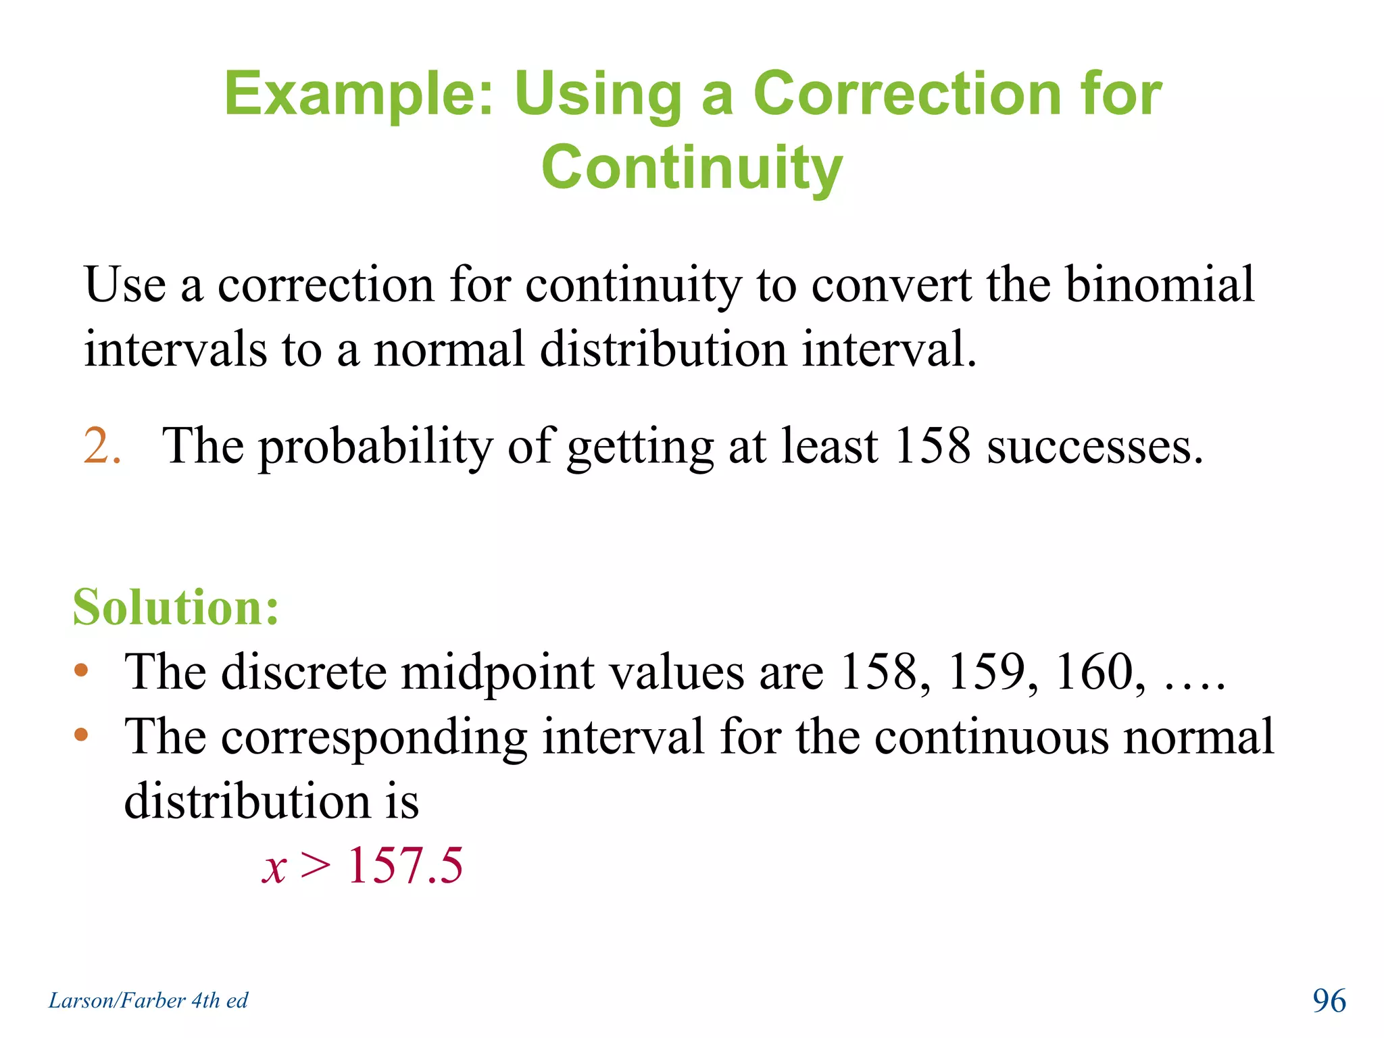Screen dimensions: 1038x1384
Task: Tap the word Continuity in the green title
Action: click(692, 168)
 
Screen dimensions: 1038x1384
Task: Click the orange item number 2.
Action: click(102, 446)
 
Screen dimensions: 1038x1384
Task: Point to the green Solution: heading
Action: click(176, 607)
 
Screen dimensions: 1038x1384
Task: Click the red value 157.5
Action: click(405, 865)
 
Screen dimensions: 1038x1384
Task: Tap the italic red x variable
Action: click(274, 868)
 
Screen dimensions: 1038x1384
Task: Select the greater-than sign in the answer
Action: click(316, 865)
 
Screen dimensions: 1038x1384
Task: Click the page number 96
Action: click(1329, 1000)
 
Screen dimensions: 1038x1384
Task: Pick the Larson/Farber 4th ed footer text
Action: click(148, 1000)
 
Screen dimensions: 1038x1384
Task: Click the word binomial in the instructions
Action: click(1160, 285)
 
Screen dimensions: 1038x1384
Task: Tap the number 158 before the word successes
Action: click(931, 446)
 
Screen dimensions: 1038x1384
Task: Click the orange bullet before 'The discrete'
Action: click(82, 670)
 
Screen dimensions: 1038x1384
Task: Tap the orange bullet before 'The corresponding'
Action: click(82, 735)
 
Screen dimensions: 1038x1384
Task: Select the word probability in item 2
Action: click(376, 447)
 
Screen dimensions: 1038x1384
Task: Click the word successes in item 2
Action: click(1095, 447)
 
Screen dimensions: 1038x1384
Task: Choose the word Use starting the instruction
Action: click(125, 285)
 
